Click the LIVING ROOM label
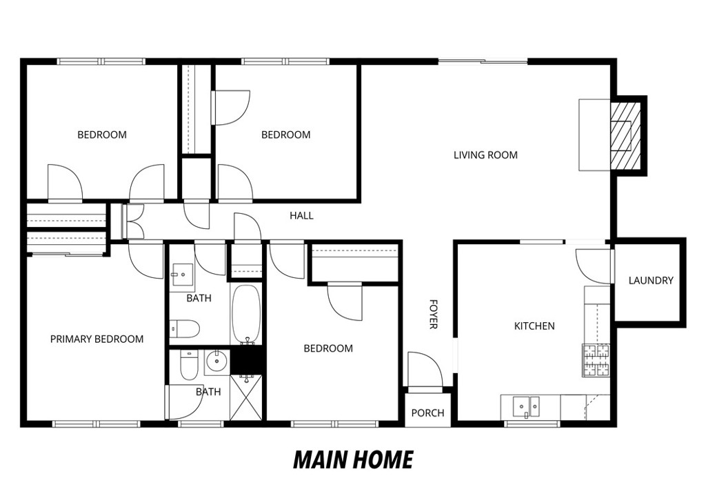pos(485,155)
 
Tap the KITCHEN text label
pos(534,326)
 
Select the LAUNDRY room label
pos(650,281)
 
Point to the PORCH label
pos(427,413)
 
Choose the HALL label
pos(301,216)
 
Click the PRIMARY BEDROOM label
pos(97,339)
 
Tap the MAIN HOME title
pos(353,459)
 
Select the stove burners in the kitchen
pos(596,360)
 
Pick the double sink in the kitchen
pos(529,408)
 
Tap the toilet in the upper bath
pos(184,329)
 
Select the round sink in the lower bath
pos(218,360)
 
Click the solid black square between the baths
pos(247,360)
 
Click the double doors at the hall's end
pos(132,221)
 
